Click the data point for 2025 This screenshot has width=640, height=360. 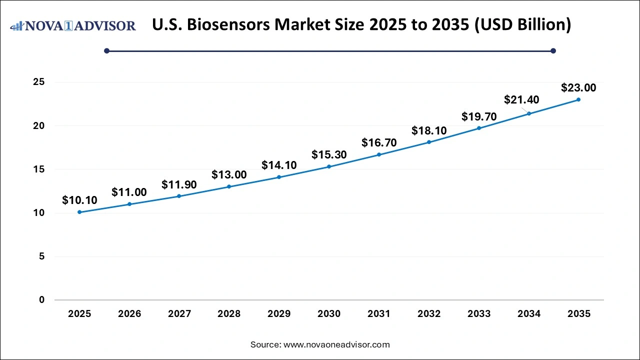79,212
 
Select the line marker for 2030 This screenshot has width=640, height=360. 329,166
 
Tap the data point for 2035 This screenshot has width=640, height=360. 578,99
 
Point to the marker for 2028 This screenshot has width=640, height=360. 229,186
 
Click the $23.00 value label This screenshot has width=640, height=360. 578,88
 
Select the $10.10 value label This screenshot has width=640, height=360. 79,200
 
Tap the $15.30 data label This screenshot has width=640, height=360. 329,155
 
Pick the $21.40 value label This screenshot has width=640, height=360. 521,100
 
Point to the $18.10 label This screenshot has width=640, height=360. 429,130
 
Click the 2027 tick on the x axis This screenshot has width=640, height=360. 179,314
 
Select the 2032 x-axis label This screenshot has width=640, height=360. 429,314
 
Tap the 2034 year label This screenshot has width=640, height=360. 529,314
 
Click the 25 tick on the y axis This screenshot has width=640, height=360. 39,82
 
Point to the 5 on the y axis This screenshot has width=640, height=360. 42,256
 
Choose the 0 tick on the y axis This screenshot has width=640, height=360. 42,300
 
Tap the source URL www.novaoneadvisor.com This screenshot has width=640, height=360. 336,344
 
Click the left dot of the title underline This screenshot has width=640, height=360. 106,50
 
